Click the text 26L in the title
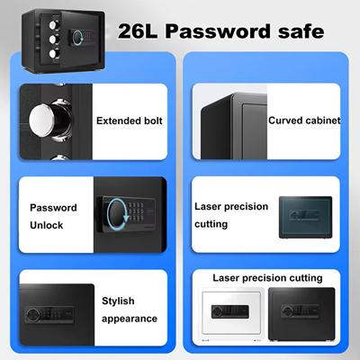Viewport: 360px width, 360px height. click(138, 31)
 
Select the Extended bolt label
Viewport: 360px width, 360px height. click(130, 121)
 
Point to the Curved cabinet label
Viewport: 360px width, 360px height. click(304, 121)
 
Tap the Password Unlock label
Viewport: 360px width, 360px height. click(53, 216)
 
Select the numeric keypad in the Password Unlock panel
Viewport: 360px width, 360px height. click(136, 211)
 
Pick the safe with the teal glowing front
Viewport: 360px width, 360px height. click(305, 218)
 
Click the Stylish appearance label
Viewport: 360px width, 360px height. click(130, 310)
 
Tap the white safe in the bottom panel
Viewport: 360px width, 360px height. click(232, 314)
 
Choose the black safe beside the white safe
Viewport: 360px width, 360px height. click(301, 314)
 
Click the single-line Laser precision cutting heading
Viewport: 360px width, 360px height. click(267, 278)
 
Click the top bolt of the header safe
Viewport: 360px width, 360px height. click(54, 24)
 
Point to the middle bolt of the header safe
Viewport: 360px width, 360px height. click(54, 39)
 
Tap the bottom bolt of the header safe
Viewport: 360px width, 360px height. click(54, 54)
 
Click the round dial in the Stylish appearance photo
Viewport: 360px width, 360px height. click(31, 315)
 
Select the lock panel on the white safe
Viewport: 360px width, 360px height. click(229, 311)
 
